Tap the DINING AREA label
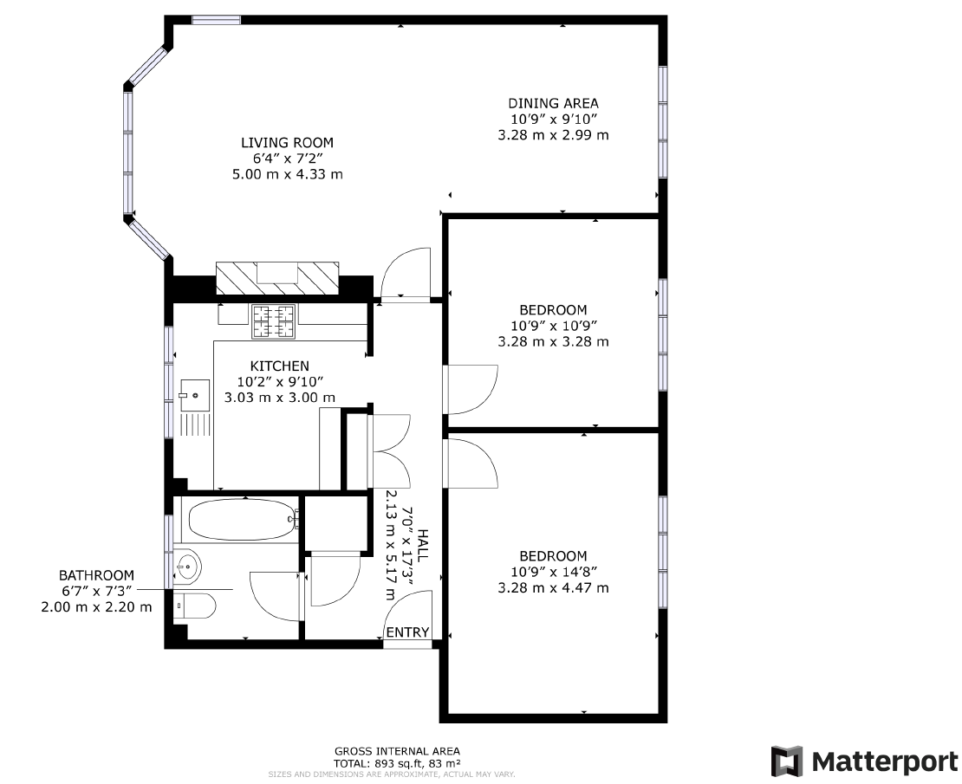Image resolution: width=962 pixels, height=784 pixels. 553,103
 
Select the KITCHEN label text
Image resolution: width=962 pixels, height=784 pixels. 279,366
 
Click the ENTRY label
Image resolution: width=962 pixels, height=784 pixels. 407,632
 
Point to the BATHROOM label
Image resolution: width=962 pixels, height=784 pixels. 96,575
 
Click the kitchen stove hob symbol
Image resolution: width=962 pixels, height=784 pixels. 273,321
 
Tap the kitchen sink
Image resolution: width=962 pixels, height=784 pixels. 195,395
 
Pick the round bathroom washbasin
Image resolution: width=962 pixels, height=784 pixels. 187,568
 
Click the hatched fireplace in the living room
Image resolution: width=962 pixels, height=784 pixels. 276,277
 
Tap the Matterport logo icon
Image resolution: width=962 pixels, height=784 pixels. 787,761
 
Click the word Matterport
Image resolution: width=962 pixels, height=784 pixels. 885,761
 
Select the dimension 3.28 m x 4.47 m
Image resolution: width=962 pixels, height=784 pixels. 553,587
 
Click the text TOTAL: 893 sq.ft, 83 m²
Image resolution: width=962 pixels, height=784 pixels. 397,763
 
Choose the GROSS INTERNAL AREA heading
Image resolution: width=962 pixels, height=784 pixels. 397,751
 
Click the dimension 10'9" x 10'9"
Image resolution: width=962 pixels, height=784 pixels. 553,326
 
